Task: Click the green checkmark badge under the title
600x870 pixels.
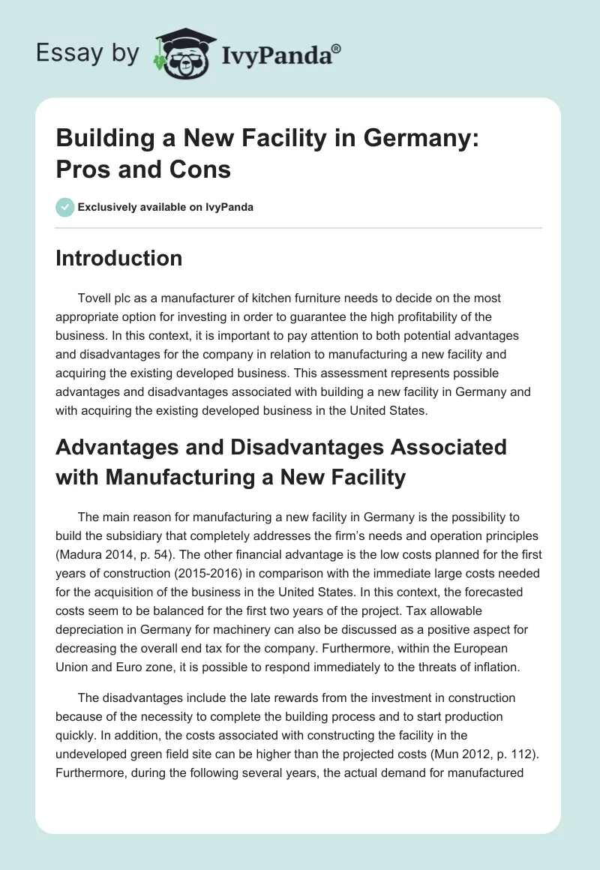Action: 65,207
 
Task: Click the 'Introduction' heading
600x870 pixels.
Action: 119,259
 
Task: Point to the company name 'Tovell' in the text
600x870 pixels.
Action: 95,298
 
